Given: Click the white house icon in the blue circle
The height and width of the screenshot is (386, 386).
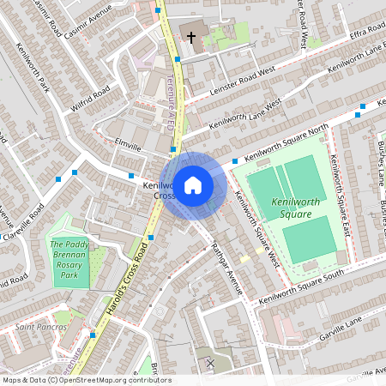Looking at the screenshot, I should (x=193, y=184).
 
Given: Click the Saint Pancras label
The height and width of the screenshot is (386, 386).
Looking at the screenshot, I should (x=41, y=326).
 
